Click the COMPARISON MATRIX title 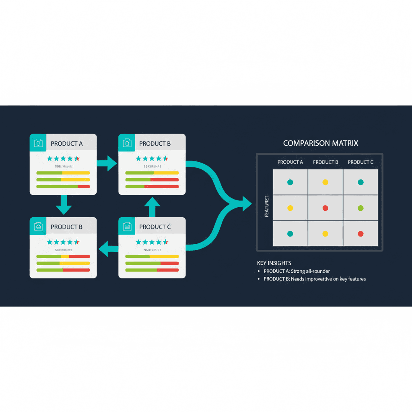tap(320, 143)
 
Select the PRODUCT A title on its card tap(67, 144)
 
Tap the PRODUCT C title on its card tap(155, 227)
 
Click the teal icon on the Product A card tap(38, 143)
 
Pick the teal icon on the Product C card tap(127, 226)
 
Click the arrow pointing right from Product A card tap(107, 163)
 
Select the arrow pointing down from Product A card tap(64, 206)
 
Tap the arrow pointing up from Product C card tap(152, 206)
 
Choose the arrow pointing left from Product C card tap(108, 247)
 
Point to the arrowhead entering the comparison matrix tap(246, 203)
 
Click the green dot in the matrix tap(360, 208)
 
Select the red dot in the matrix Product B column tap(325, 208)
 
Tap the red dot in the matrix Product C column tap(360, 234)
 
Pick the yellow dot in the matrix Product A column tap(290, 208)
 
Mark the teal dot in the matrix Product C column tap(360, 182)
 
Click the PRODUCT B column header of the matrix tap(325, 162)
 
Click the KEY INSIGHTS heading tap(274, 263)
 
